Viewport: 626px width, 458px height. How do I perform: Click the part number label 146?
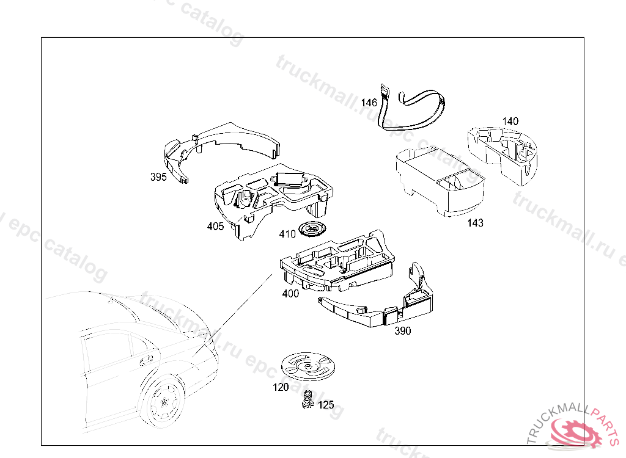point(369,103)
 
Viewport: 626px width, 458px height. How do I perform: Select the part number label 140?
point(510,121)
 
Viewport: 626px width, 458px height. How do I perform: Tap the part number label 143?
point(475,223)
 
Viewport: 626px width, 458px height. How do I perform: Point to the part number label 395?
point(158,177)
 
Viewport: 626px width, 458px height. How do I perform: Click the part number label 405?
point(215,227)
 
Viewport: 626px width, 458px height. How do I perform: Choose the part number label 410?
point(287,234)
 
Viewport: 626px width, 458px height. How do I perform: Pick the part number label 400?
point(290,293)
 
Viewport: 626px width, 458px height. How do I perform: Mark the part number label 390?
point(402,331)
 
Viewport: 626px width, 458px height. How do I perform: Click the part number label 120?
point(281,387)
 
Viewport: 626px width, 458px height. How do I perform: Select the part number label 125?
point(326,405)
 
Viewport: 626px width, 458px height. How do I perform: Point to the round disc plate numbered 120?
point(308,367)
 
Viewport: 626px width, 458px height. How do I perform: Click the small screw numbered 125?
point(308,399)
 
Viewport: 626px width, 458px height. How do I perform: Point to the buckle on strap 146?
point(385,93)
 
